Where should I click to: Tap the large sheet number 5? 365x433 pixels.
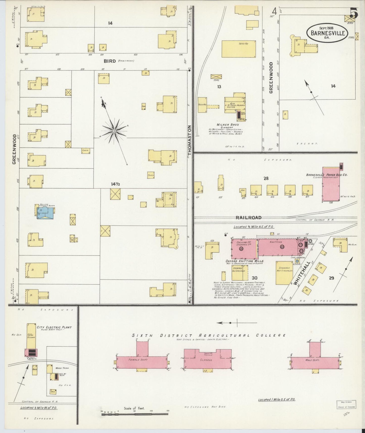pyautogui.click(x=354, y=13)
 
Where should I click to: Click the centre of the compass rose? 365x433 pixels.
pyautogui.click(x=114, y=131)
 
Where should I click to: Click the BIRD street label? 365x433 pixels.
pyautogui.click(x=109, y=61)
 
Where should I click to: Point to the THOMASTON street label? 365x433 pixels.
pyautogui.click(x=190, y=139)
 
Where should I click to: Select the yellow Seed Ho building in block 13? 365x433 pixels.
pyautogui.click(x=238, y=49)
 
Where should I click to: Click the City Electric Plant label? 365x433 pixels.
pyautogui.click(x=54, y=327)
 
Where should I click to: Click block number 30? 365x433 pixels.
pyautogui.click(x=254, y=278)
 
